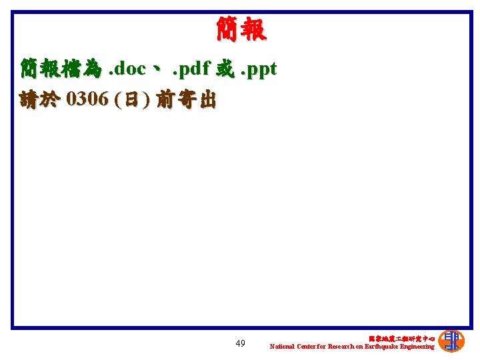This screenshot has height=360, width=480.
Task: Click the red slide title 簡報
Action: tap(241, 29)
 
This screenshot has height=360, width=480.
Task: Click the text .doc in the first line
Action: tap(127, 69)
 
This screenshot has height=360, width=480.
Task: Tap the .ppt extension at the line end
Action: tap(257, 69)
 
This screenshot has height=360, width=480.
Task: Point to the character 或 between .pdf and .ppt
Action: tap(224, 69)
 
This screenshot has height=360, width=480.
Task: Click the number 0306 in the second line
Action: tap(87, 100)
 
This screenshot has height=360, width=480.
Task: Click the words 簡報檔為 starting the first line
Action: tap(61, 69)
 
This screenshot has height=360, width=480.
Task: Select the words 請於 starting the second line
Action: tap(40, 100)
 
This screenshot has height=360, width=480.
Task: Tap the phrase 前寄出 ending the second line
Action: tap(185, 100)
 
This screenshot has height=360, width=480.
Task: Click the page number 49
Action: tap(240, 343)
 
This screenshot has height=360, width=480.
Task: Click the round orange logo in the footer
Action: tap(451, 341)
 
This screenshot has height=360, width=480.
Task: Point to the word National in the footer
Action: tap(282, 347)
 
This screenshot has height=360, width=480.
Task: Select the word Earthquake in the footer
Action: tap(382, 347)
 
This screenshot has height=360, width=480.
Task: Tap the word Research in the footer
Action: tap(337, 347)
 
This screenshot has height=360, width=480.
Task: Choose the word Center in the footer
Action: tap(307, 347)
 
